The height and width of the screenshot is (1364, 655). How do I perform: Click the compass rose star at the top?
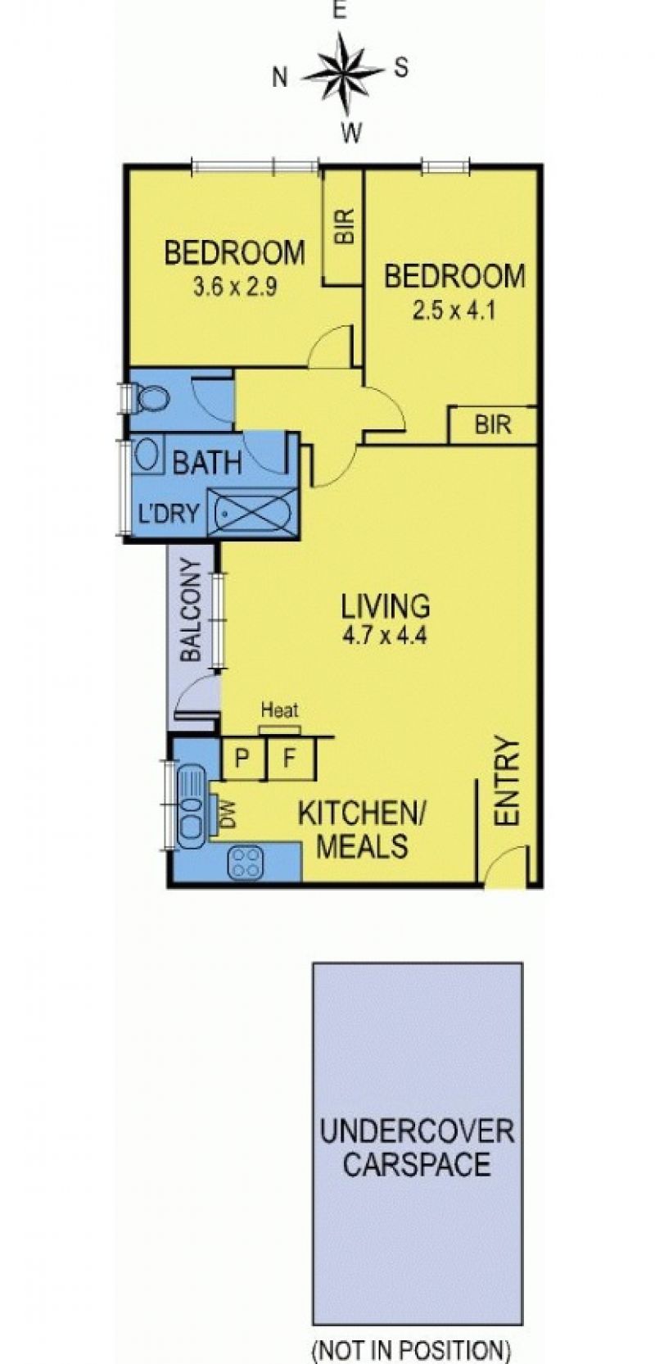(344, 73)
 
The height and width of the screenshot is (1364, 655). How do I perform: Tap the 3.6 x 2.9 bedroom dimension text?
(235, 287)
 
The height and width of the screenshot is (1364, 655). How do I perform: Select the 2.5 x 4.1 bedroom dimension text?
(454, 311)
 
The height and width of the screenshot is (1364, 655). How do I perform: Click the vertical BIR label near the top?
(344, 227)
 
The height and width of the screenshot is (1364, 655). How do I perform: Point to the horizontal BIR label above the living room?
(493, 424)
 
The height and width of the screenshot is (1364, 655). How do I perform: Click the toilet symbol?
(149, 400)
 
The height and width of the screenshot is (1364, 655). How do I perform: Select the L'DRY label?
(169, 514)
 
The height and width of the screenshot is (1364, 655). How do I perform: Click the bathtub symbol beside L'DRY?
(252, 513)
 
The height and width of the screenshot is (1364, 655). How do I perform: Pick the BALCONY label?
(191, 609)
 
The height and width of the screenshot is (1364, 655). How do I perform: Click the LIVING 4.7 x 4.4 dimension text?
(385, 636)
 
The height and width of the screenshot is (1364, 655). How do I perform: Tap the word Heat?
(279, 709)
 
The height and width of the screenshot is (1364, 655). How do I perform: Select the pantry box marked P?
(243, 758)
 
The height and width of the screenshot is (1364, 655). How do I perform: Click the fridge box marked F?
(291, 758)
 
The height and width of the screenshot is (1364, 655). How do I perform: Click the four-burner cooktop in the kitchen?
(246, 863)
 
